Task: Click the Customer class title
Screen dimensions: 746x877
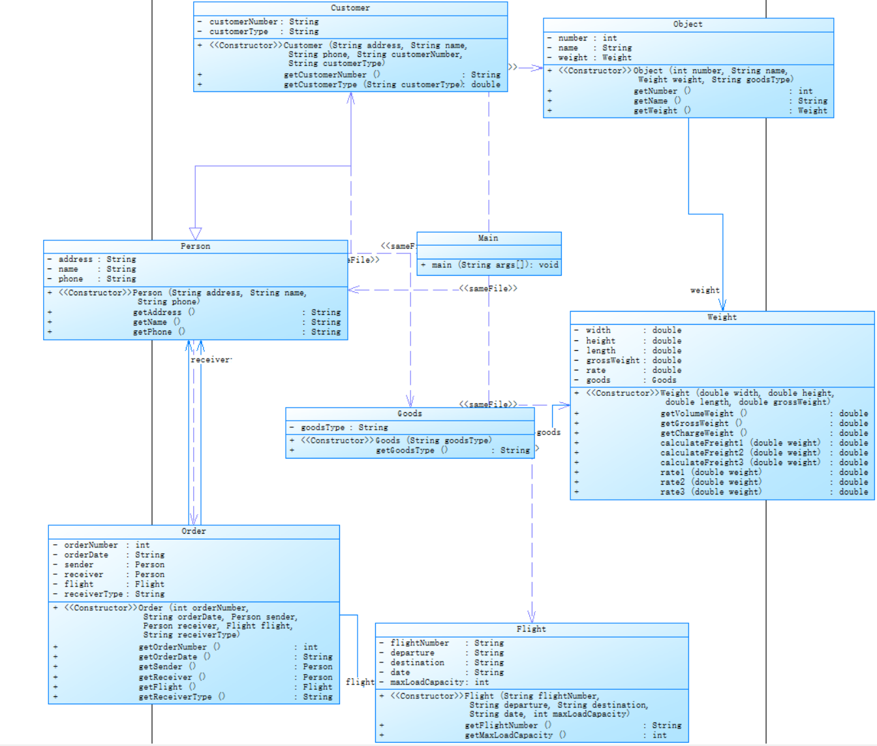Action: (350, 8)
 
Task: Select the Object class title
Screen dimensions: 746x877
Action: (688, 24)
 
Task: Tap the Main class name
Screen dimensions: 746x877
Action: (488, 238)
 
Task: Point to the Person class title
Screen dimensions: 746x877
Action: (195, 246)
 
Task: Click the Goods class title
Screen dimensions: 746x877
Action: (410, 414)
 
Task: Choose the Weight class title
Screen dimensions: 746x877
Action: (722, 317)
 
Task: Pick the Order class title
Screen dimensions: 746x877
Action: (194, 531)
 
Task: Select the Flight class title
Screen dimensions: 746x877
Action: (531, 629)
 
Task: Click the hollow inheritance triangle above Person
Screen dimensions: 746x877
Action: (195, 233)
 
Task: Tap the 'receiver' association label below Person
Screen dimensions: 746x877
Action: (211, 360)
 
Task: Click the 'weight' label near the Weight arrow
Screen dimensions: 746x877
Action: (705, 290)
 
